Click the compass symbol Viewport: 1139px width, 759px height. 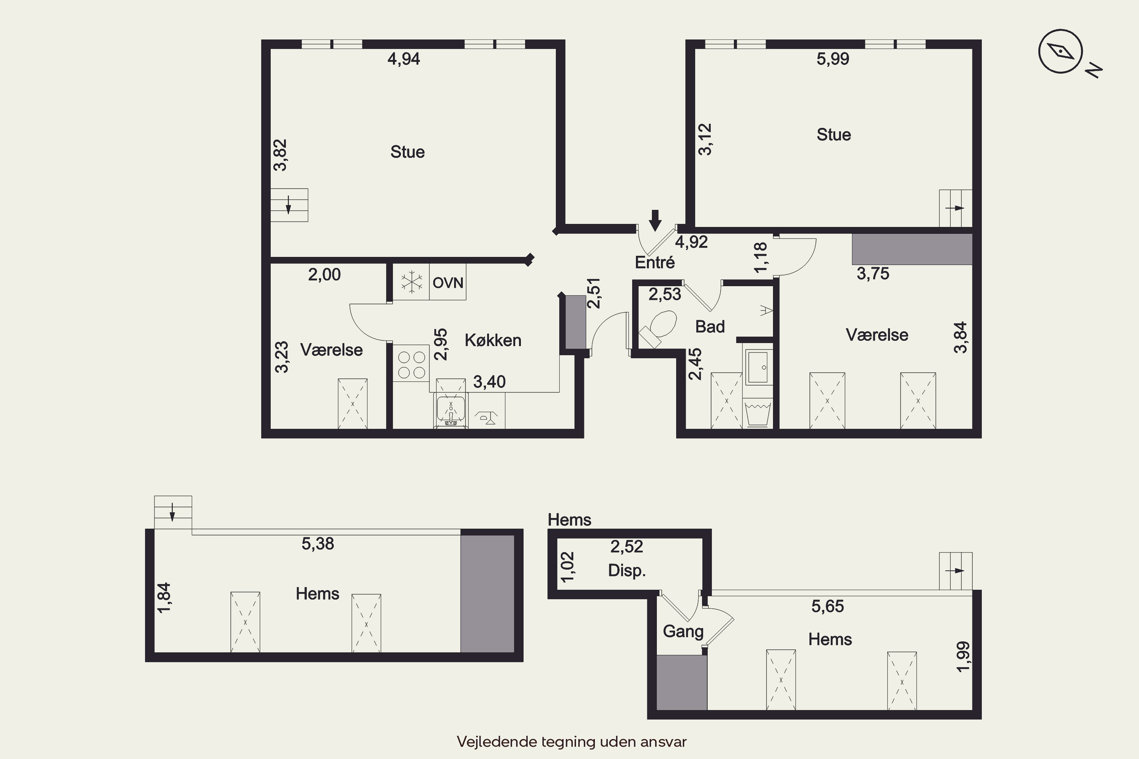1060,51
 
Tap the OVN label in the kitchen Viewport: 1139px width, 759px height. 448,283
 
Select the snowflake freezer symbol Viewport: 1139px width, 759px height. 411,282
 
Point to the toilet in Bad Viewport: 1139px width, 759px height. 659,328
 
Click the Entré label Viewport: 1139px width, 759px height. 655,262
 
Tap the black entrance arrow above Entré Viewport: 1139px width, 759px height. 655,220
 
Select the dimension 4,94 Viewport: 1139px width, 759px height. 404,59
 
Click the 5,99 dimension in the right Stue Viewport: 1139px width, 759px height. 833,59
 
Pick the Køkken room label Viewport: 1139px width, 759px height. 493,340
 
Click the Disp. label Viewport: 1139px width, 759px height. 627,570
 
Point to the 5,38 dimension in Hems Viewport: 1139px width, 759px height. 318,544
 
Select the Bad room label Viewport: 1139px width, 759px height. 710,327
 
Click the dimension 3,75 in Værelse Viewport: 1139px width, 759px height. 873,274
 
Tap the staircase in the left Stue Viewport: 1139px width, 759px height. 289,205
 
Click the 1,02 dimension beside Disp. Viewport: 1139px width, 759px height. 567,567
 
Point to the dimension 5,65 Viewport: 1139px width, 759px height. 828,606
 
